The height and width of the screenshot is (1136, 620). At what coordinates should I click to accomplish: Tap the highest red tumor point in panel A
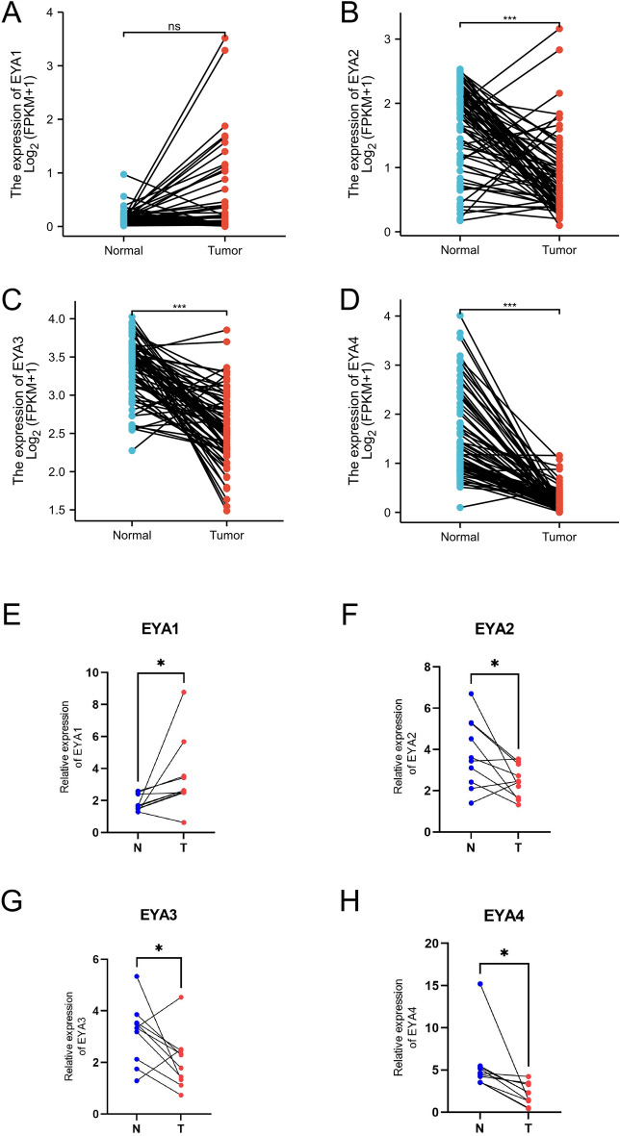[224, 38]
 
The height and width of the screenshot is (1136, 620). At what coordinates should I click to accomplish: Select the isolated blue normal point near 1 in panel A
[123, 174]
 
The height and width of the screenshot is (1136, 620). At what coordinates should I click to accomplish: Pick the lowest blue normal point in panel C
[123, 450]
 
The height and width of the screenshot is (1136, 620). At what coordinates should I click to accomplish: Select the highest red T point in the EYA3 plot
[182, 997]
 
